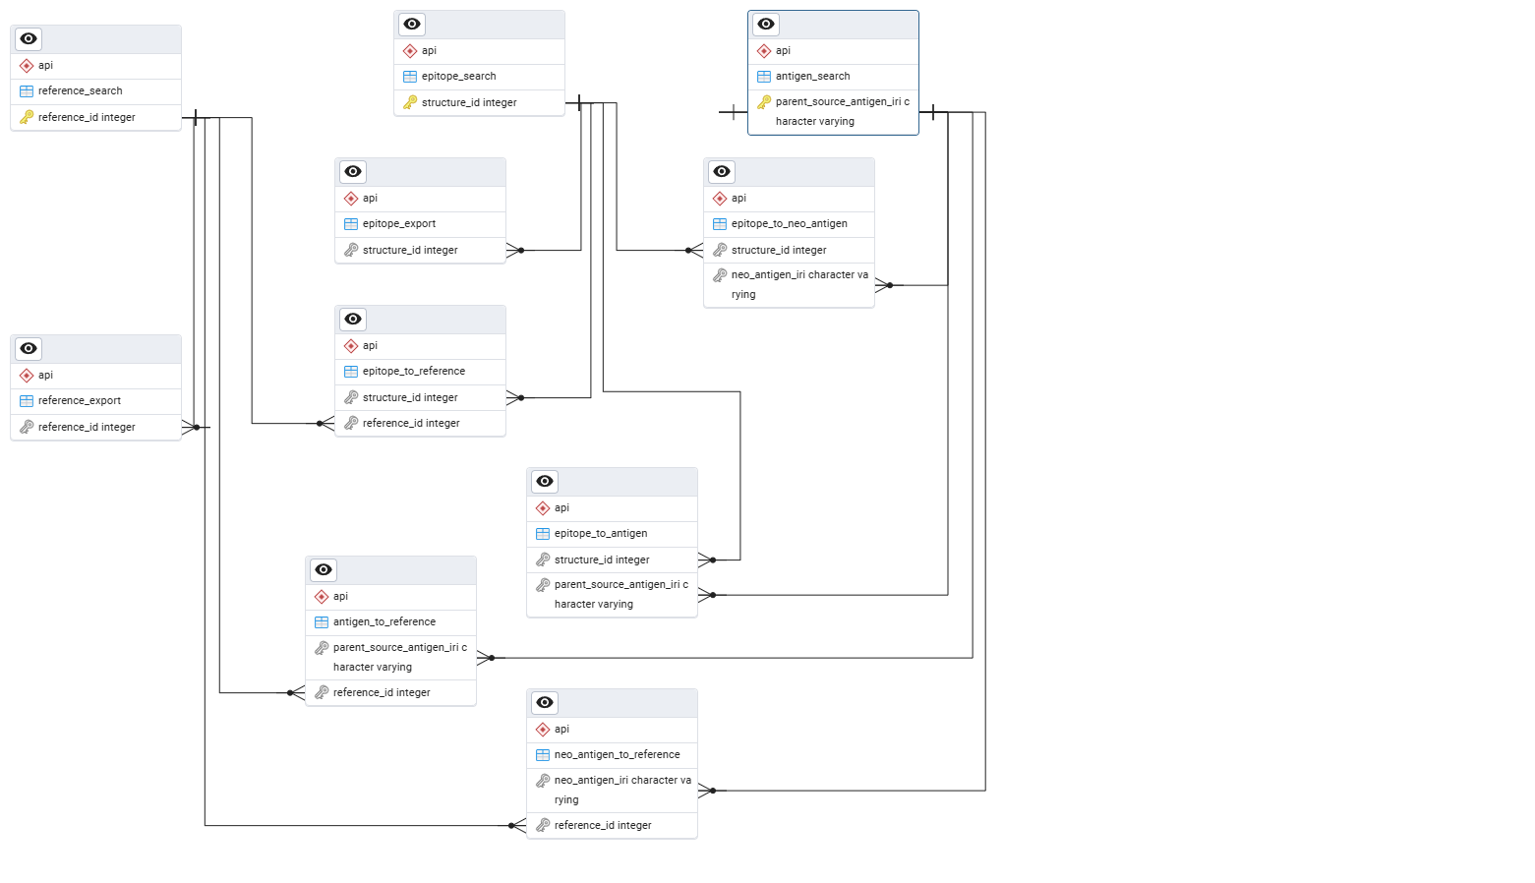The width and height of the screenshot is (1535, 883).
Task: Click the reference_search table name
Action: click(x=80, y=91)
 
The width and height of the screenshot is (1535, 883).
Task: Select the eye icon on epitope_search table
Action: click(x=412, y=25)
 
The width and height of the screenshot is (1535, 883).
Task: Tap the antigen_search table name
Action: click(x=812, y=77)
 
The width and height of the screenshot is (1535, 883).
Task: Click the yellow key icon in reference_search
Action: click(x=27, y=117)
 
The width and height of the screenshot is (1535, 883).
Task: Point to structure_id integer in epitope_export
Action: click(x=410, y=251)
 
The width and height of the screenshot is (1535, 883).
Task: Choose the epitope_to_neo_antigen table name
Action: click(x=789, y=224)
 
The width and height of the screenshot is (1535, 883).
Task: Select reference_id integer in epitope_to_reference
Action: click(x=411, y=424)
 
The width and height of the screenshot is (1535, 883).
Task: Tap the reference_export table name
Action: click(x=80, y=401)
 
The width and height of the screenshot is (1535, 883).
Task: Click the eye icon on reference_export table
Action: click(x=29, y=349)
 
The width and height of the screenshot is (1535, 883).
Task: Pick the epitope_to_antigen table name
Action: click(x=600, y=534)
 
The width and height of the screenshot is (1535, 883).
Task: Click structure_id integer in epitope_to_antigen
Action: click(x=602, y=560)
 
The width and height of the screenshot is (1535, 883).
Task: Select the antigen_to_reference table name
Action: click(x=384, y=622)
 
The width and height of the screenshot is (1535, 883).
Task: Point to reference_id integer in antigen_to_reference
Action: click(x=382, y=693)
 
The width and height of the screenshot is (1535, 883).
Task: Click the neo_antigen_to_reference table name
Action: click(x=617, y=755)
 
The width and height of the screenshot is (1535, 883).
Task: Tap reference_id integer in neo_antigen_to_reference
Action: click(x=603, y=826)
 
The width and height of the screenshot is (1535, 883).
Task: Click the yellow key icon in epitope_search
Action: click(x=410, y=102)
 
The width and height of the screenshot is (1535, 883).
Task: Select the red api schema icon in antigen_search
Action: click(x=764, y=51)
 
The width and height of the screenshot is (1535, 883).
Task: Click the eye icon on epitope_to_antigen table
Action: click(x=545, y=482)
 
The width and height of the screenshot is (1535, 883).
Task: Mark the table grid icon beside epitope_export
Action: click(x=351, y=224)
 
